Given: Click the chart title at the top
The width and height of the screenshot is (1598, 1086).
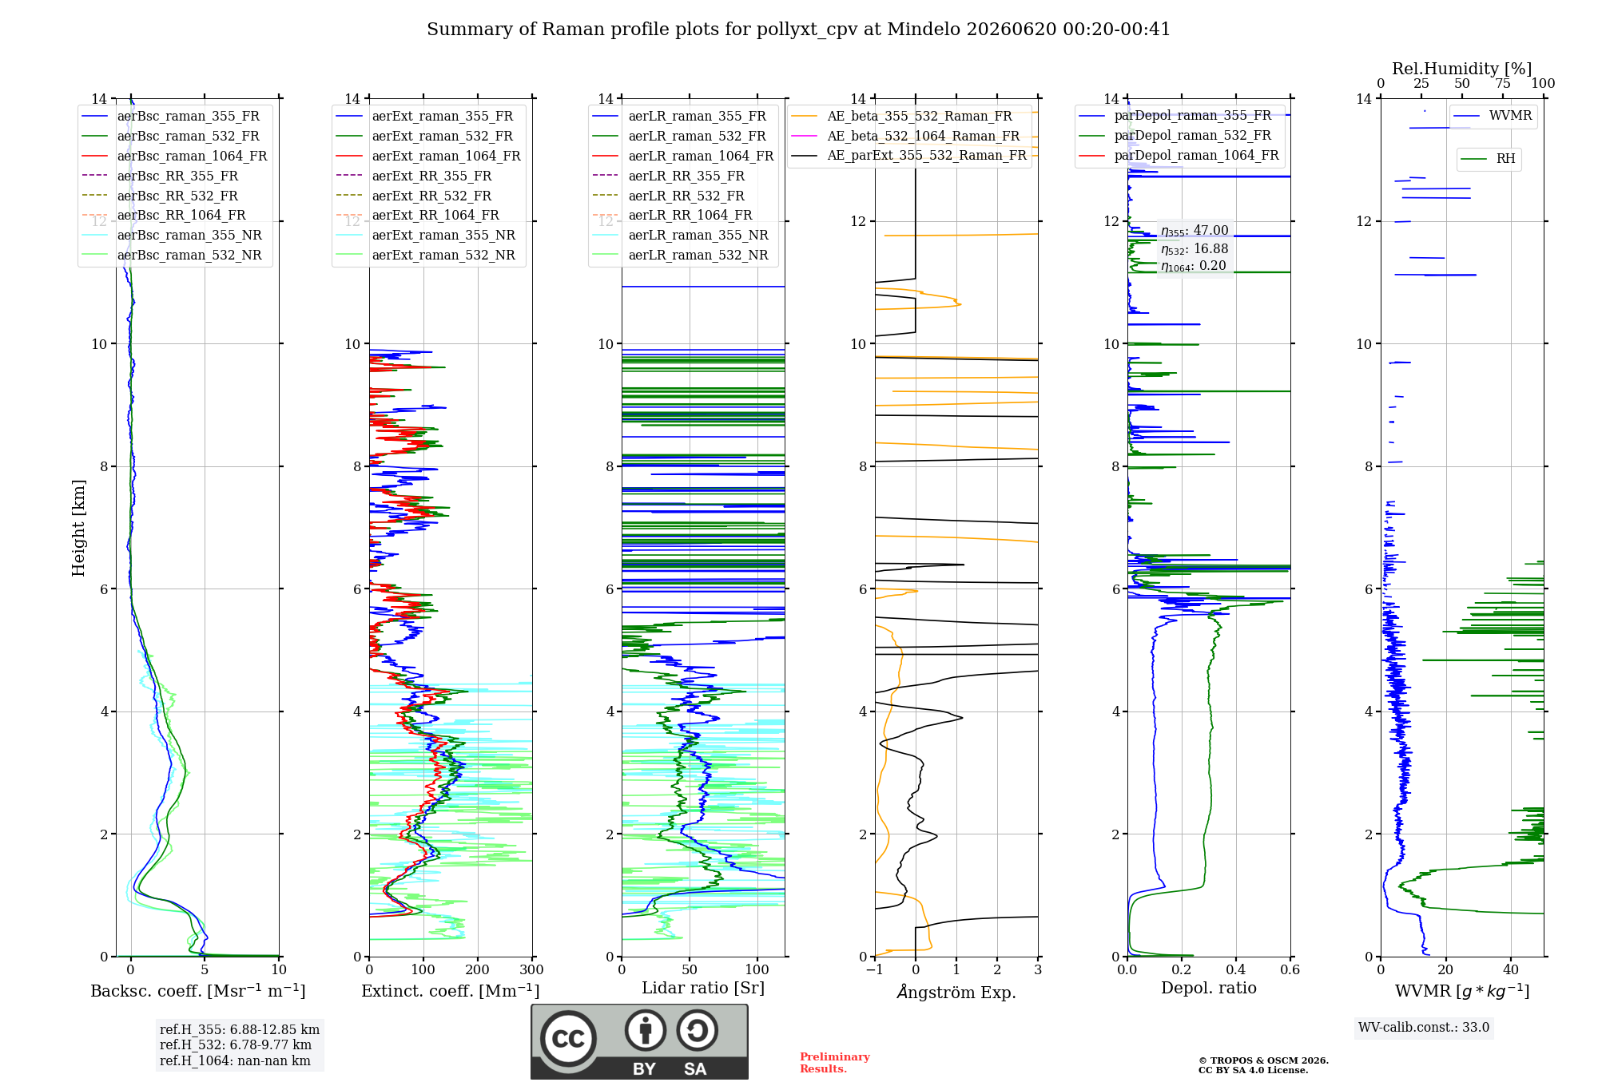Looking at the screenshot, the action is [x=798, y=30].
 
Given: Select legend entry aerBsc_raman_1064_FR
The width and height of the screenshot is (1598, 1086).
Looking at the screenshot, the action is [x=192, y=156].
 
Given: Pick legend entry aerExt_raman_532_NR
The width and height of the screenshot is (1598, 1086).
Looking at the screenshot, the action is [x=443, y=255].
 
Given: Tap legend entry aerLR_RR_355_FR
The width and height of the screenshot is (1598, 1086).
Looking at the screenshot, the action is [x=686, y=176].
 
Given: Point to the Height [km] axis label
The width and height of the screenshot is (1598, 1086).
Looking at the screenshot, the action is [x=78, y=528].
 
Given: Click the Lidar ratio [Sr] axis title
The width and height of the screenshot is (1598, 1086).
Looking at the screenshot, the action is [x=703, y=988].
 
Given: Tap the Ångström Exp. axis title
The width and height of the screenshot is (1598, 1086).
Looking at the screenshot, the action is [x=956, y=992].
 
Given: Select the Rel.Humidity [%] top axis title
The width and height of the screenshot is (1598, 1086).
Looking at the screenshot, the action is [x=1462, y=69].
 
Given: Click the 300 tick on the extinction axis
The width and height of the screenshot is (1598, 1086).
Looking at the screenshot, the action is [x=531, y=970].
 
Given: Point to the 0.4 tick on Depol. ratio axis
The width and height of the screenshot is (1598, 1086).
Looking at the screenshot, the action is [x=1236, y=970].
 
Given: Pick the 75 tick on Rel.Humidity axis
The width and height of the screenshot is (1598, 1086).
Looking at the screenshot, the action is [x=1503, y=83].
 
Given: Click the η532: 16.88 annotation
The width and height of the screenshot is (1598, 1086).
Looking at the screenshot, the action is [x=1195, y=249].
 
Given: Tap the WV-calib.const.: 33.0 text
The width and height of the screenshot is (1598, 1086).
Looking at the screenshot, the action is [x=1424, y=1027].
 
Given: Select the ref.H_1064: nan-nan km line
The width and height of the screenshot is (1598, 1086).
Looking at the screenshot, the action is [x=235, y=1060].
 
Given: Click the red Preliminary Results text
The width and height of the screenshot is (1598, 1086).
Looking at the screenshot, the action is [x=835, y=1063].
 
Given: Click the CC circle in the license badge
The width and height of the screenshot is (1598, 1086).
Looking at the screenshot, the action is [x=568, y=1038].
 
